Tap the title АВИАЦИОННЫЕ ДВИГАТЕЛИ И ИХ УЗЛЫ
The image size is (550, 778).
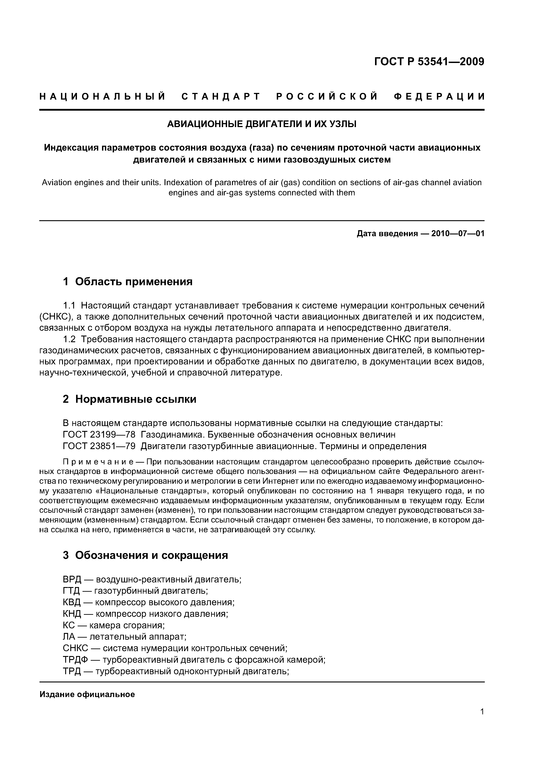pos(262,124)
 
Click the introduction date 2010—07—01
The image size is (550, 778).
pos(458,234)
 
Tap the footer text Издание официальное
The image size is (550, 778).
pos(87,695)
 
